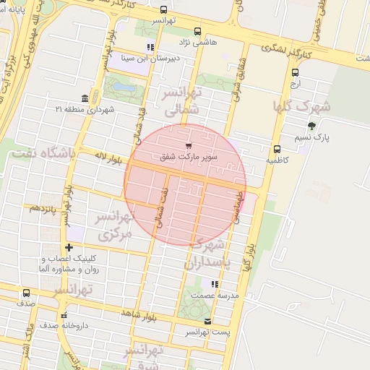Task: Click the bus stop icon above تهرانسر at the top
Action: (x=164, y=11)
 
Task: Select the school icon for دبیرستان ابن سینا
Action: (x=150, y=48)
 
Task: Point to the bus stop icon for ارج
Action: (x=295, y=72)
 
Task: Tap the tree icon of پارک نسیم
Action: (x=311, y=126)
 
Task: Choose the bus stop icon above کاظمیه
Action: (x=277, y=149)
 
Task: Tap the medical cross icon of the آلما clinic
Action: (x=68, y=248)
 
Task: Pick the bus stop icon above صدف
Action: (x=27, y=293)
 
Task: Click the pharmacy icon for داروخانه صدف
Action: (x=64, y=315)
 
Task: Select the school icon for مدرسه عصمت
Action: (x=212, y=283)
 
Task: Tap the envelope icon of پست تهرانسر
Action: (x=208, y=321)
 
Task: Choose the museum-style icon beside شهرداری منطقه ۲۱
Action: (x=85, y=98)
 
